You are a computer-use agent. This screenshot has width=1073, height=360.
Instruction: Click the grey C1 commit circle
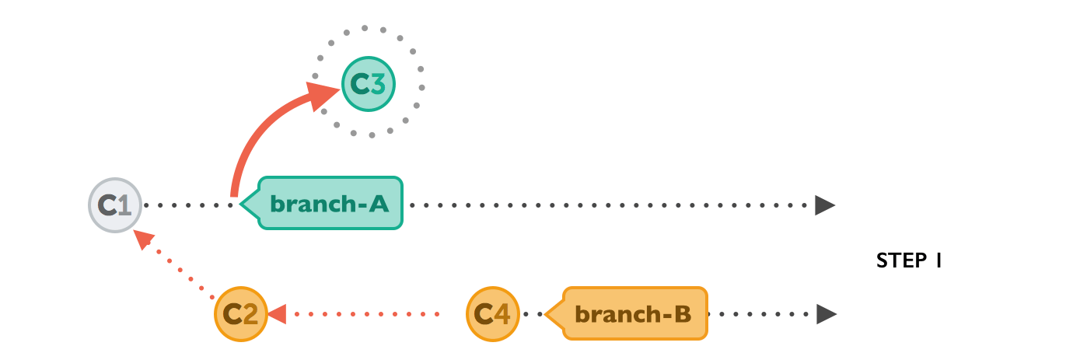pyautogui.click(x=115, y=205)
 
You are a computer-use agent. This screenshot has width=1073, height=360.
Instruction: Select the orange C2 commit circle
pyautogui.click(x=241, y=314)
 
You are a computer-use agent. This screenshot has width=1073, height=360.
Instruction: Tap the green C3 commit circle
pyautogui.click(x=369, y=84)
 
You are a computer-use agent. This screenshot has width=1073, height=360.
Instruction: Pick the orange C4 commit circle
pyautogui.click(x=493, y=314)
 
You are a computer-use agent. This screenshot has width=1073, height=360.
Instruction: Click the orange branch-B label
pyautogui.click(x=633, y=314)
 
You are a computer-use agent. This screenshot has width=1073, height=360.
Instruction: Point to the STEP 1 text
pyautogui.click(x=909, y=261)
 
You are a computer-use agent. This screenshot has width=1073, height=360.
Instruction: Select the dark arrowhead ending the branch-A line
pyautogui.click(x=824, y=205)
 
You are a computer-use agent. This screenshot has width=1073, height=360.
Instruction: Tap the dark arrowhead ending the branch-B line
pyautogui.click(x=826, y=314)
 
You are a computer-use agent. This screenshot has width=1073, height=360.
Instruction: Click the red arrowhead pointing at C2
pyautogui.click(x=278, y=314)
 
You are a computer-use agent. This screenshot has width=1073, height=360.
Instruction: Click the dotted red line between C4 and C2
pyautogui.click(x=365, y=314)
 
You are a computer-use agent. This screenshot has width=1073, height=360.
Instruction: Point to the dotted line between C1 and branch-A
pyautogui.click(x=190, y=205)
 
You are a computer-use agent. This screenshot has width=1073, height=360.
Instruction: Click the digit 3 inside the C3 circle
pyautogui.click(x=378, y=84)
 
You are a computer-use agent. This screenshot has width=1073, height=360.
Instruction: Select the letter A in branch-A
pyautogui.click(x=378, y=204)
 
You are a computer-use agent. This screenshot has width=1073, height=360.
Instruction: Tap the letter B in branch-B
pyautogui.click(x=682, y=314)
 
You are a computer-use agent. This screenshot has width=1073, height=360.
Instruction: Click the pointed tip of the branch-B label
pyautogui.click(x=548, y=314)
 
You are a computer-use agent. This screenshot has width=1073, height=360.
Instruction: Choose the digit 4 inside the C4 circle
pyautogui.click(x=502, y=314)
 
